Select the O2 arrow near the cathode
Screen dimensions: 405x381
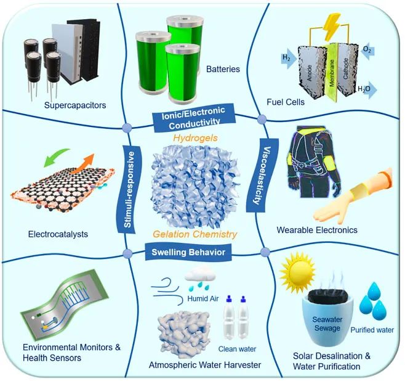coord(367,49)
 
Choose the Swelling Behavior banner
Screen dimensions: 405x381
coord(188,252)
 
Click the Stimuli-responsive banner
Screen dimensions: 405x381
coord(130,189)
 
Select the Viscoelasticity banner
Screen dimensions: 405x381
coord(262,175)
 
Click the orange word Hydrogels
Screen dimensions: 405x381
coord(195,138)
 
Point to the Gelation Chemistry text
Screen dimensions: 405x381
coord(195,234)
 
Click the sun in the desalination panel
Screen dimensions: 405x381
coord(298,272)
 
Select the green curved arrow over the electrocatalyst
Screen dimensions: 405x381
coord(56,157)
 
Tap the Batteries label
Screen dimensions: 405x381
coord(223,69)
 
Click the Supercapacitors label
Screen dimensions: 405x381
coord(75,105)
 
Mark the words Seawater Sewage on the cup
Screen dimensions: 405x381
coord(327,324)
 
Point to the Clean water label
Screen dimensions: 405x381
coord(237,349)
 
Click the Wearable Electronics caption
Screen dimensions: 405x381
coord(317,230)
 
